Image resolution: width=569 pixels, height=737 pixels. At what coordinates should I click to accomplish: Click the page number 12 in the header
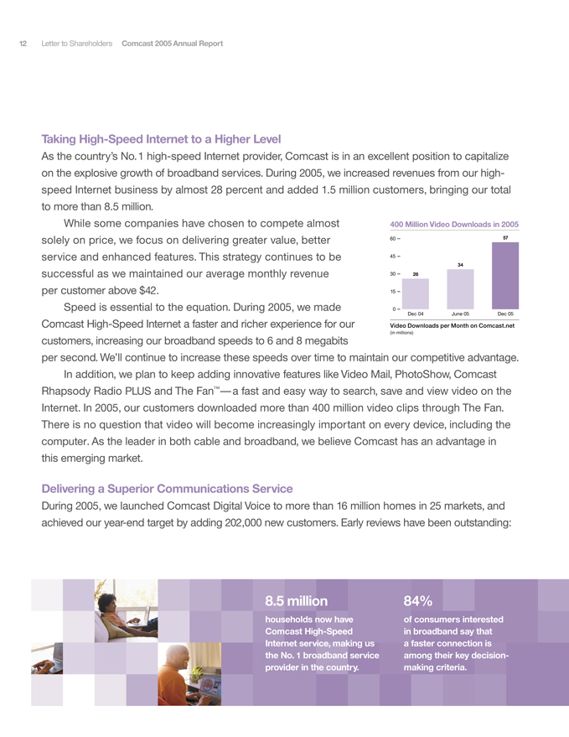23,43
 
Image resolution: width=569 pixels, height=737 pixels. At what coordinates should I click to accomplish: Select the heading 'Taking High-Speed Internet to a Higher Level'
161,138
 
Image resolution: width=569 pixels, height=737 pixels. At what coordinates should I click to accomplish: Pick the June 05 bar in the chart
460,289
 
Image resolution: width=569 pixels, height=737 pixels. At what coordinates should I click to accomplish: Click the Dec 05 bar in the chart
505,278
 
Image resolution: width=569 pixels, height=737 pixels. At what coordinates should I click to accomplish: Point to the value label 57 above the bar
505,238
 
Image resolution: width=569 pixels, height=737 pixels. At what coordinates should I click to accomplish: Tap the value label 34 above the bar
460,265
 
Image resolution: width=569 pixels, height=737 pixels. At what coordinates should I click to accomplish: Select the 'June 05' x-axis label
460,314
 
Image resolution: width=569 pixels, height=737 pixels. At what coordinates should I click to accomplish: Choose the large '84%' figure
418,601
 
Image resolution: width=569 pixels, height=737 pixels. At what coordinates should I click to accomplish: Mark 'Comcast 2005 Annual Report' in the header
172,43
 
